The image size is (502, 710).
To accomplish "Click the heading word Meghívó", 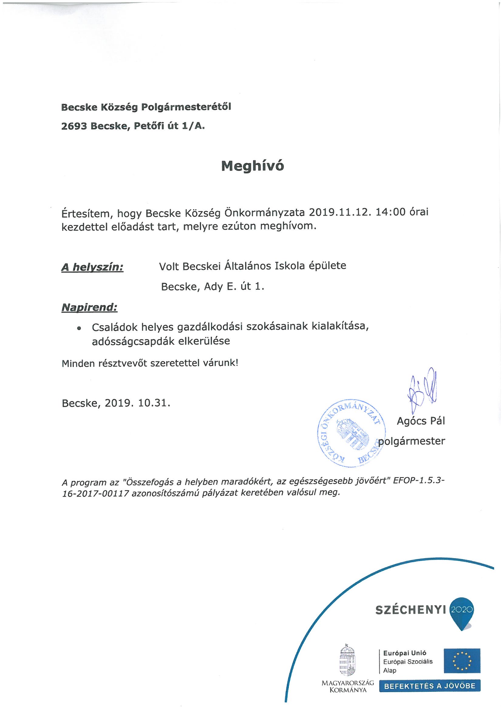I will pos(252,166).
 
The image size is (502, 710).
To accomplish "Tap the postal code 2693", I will pos(74,126).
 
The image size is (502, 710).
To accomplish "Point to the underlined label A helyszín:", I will pos(93,267).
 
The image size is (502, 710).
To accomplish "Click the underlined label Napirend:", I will pos(90,307).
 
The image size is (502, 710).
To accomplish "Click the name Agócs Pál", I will pos(421,421).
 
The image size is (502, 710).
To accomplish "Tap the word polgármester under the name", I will pos(413,441).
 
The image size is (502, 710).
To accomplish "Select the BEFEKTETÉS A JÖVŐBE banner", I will pos(430,686).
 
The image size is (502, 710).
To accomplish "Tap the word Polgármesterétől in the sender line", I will pos(186,107).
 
